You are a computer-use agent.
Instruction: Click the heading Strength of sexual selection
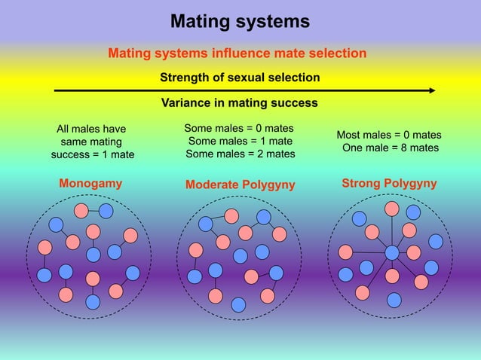[x=240, y=78]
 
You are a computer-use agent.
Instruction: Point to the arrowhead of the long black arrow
[x=432, y=90]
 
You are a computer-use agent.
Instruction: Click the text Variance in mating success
[x=240, y=102]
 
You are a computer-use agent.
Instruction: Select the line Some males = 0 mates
[x=239, y=128]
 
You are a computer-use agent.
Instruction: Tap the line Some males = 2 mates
[x=240, y=154]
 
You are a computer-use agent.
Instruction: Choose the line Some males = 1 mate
[x=240, y=141]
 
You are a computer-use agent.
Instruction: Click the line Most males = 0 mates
[x=389, y=136]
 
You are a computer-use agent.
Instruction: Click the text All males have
[x=92, y=129]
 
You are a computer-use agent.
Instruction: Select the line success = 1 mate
[x=93, y=155]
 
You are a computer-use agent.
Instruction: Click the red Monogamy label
[x=90, y=183]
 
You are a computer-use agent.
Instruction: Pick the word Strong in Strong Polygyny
[x=362, y=183]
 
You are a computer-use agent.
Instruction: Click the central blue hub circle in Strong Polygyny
[x=391, y=252]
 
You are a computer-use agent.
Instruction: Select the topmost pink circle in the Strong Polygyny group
[x=392, y=209]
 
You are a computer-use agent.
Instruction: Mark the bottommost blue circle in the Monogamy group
[x=93, y=302]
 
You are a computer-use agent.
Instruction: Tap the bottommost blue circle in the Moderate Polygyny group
[x=238, y=304]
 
